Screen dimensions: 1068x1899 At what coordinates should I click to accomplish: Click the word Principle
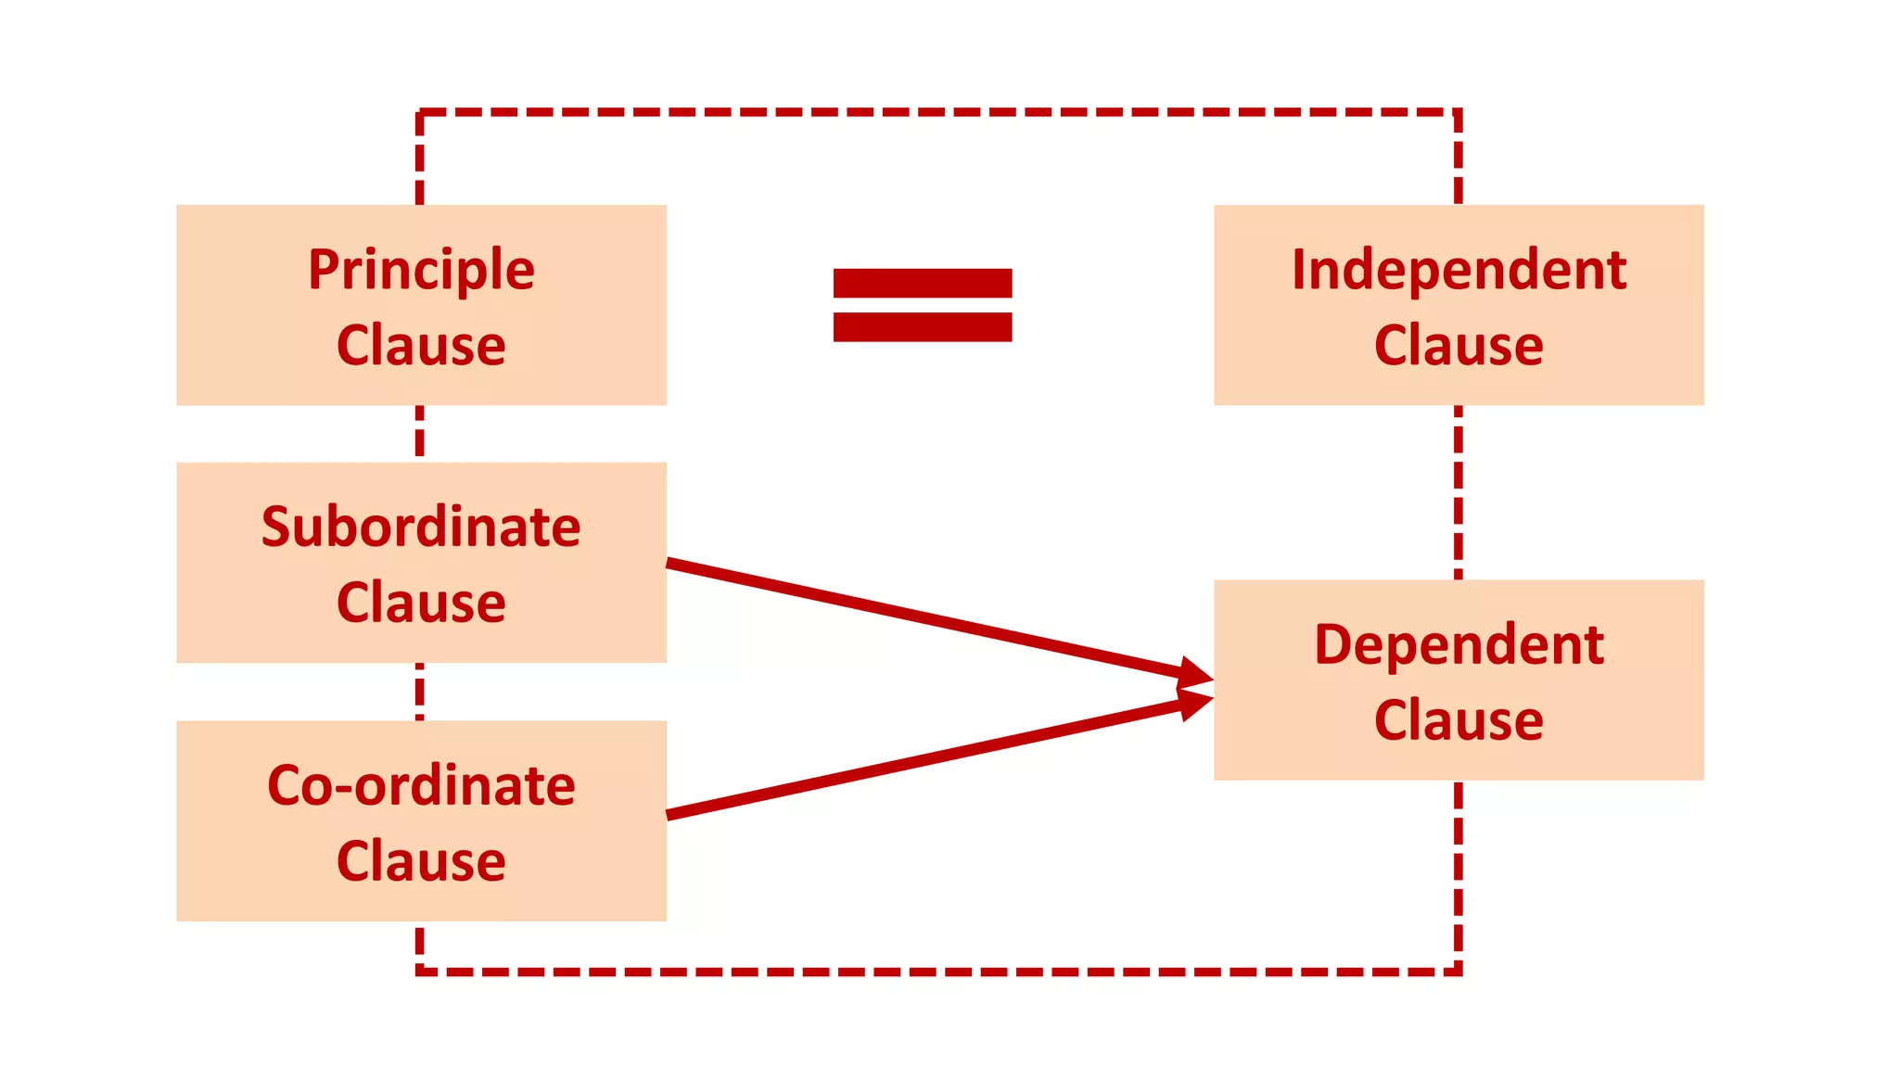(x=421, y=271)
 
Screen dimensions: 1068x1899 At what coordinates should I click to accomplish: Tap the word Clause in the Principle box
(x=421, y=346)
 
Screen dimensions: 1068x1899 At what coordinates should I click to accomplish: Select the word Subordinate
(x=421, y=528)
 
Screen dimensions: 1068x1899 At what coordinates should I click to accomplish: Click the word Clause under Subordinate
(x=421, y=604)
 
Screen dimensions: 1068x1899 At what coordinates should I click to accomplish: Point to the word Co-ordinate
(x=421, y=786)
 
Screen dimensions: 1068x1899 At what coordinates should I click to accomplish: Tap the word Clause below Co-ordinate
(x=421, y=861)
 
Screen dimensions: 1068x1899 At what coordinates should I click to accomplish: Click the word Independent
(x=1459, y=271)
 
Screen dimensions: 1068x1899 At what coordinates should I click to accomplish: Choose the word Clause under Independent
(x=1459, y=346)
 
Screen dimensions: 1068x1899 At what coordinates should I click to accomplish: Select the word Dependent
(x=1459, y=645)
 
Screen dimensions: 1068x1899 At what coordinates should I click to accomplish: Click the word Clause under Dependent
(x=1459, y=720)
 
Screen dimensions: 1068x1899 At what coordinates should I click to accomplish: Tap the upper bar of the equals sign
(x=922, y=283)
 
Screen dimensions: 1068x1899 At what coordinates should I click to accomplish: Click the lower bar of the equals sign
(x=922, y=327)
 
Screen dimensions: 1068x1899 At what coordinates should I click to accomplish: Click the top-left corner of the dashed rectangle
(x=420, y=112)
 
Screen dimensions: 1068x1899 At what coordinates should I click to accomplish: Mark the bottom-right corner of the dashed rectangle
(x=1459, y=972)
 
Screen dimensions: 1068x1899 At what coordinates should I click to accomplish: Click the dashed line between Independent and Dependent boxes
(x=1459, y=491)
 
